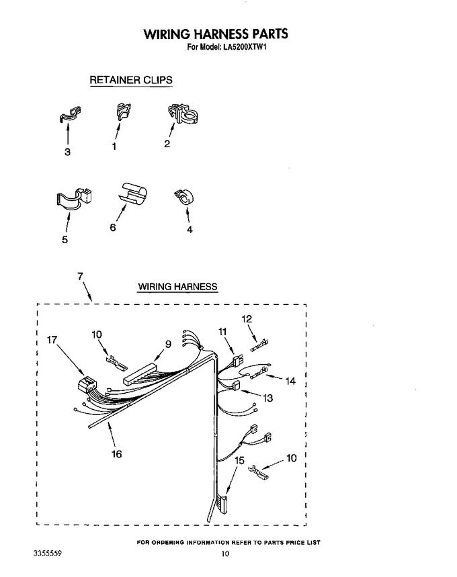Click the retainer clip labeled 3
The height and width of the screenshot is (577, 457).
[70, 114]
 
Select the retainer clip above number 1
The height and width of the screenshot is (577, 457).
[123, 112]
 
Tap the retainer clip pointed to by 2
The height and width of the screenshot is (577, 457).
[183, 114]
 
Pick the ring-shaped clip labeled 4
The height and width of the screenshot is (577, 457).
[184, 197]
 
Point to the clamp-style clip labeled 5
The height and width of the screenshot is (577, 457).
[74, 198]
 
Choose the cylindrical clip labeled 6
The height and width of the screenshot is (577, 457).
[132, 192]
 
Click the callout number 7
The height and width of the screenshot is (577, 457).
[80, 276]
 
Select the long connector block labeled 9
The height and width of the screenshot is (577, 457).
[140, 373]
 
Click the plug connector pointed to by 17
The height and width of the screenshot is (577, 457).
[87, 385]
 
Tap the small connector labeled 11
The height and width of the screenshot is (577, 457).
[238, 361]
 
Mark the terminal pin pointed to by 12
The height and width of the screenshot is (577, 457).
[260, 345]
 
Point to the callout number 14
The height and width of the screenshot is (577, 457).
[290, 381]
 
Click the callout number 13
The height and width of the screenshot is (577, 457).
[267, 398]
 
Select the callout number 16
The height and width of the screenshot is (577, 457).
[116, 454]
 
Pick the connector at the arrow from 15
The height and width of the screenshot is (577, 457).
[222, 504]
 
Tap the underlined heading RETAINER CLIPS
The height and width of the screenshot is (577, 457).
[131, 80]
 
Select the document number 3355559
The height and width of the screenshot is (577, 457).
[48, 553]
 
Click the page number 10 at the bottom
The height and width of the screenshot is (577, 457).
[225, 553]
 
